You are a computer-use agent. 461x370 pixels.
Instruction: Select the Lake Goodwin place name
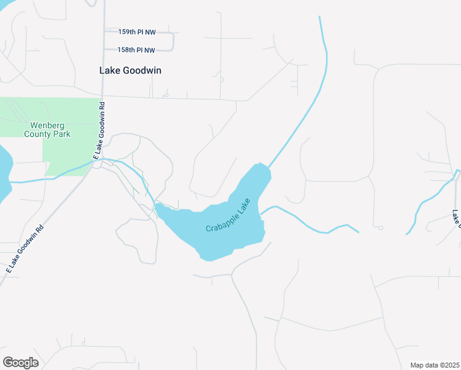(130, 70)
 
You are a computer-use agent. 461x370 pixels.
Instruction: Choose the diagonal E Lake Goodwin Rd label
(25, 249)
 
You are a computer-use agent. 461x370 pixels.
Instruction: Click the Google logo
(20, 363)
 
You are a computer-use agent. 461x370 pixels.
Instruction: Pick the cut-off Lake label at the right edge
(457, 219)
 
